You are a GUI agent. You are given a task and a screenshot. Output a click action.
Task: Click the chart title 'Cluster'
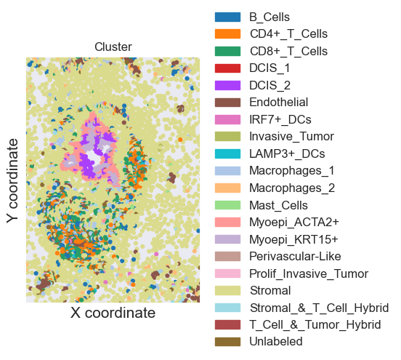point(113,47)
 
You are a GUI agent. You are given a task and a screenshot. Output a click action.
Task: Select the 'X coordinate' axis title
point(113,313)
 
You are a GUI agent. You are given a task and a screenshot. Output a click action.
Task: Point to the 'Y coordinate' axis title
point(12,180)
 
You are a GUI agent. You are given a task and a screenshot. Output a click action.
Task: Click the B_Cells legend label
point(270,17)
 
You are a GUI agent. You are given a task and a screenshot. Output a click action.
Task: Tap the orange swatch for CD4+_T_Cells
point(227,33)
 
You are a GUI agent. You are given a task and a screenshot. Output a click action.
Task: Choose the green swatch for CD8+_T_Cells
point(227,51)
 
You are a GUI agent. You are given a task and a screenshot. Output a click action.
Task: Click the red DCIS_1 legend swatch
point(227,68)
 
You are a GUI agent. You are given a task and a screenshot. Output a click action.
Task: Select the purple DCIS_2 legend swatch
point(227,85)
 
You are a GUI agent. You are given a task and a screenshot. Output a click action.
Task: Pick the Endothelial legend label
point(278,102)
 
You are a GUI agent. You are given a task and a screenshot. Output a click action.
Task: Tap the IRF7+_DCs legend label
point(280,119)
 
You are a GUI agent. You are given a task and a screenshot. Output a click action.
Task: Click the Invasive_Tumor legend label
point(291,137)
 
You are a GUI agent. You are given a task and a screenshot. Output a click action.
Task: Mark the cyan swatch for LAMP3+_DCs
point(227,153)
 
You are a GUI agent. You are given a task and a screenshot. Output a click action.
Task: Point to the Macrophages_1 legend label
point(292,171)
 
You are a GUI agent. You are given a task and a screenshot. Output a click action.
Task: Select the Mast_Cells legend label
point(278,205)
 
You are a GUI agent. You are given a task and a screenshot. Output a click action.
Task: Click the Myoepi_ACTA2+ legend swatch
point(227,222)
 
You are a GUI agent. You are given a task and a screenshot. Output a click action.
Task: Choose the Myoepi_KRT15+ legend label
point(293,239)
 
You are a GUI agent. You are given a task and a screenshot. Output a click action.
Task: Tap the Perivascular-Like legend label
point(295,256)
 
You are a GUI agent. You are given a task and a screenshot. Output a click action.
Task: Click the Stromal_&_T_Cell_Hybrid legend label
point(319,308)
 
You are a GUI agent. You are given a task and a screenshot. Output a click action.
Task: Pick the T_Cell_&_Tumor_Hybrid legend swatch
point(227,324)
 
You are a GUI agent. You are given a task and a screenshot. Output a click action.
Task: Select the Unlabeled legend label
point(276,342)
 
